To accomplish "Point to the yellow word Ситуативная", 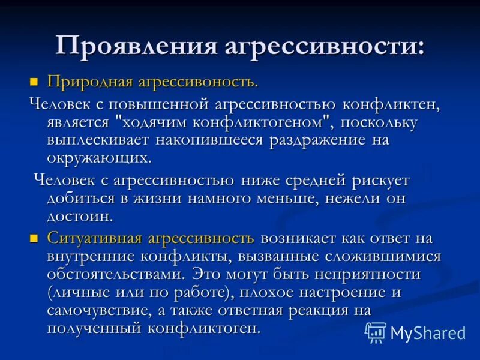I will click(95, 238).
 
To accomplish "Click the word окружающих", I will click(99, 158).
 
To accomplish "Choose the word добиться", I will click(82, 197).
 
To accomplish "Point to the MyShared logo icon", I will click(376, 332).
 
